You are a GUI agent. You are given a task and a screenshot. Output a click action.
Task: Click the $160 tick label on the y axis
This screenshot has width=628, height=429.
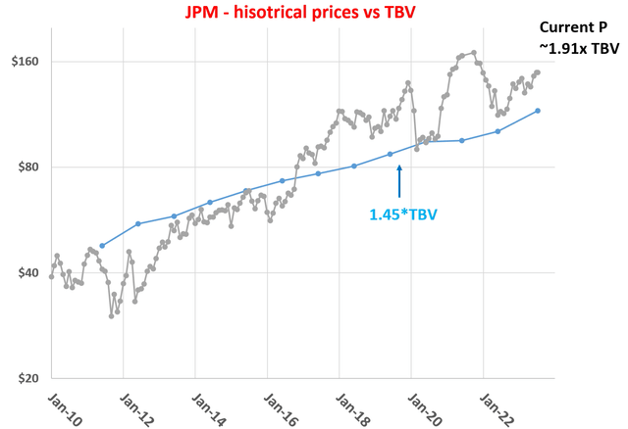coord(19,62)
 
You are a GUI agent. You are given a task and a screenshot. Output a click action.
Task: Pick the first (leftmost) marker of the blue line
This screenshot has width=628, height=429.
coord(102,246)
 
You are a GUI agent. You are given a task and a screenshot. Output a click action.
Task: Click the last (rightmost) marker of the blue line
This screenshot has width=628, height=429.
coord(538,111)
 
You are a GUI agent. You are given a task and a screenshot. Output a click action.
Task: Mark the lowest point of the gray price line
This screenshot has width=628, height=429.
coord(111,315)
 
